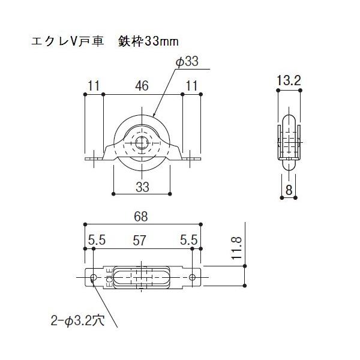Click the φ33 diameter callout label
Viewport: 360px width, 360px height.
tap(187, 62)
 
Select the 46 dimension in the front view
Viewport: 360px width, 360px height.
tap(142, 86)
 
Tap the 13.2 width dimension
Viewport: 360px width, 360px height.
tap(289, 80)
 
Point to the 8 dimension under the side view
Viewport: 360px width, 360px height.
tap(289, 190)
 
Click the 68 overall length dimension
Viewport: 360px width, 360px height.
tap(141, 217)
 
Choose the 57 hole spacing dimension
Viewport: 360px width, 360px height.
tap(139, 241)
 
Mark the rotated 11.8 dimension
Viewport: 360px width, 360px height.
tap(237, 248)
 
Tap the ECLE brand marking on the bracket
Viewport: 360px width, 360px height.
tap(110, 278)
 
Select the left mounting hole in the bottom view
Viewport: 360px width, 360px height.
tap(94, 277)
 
